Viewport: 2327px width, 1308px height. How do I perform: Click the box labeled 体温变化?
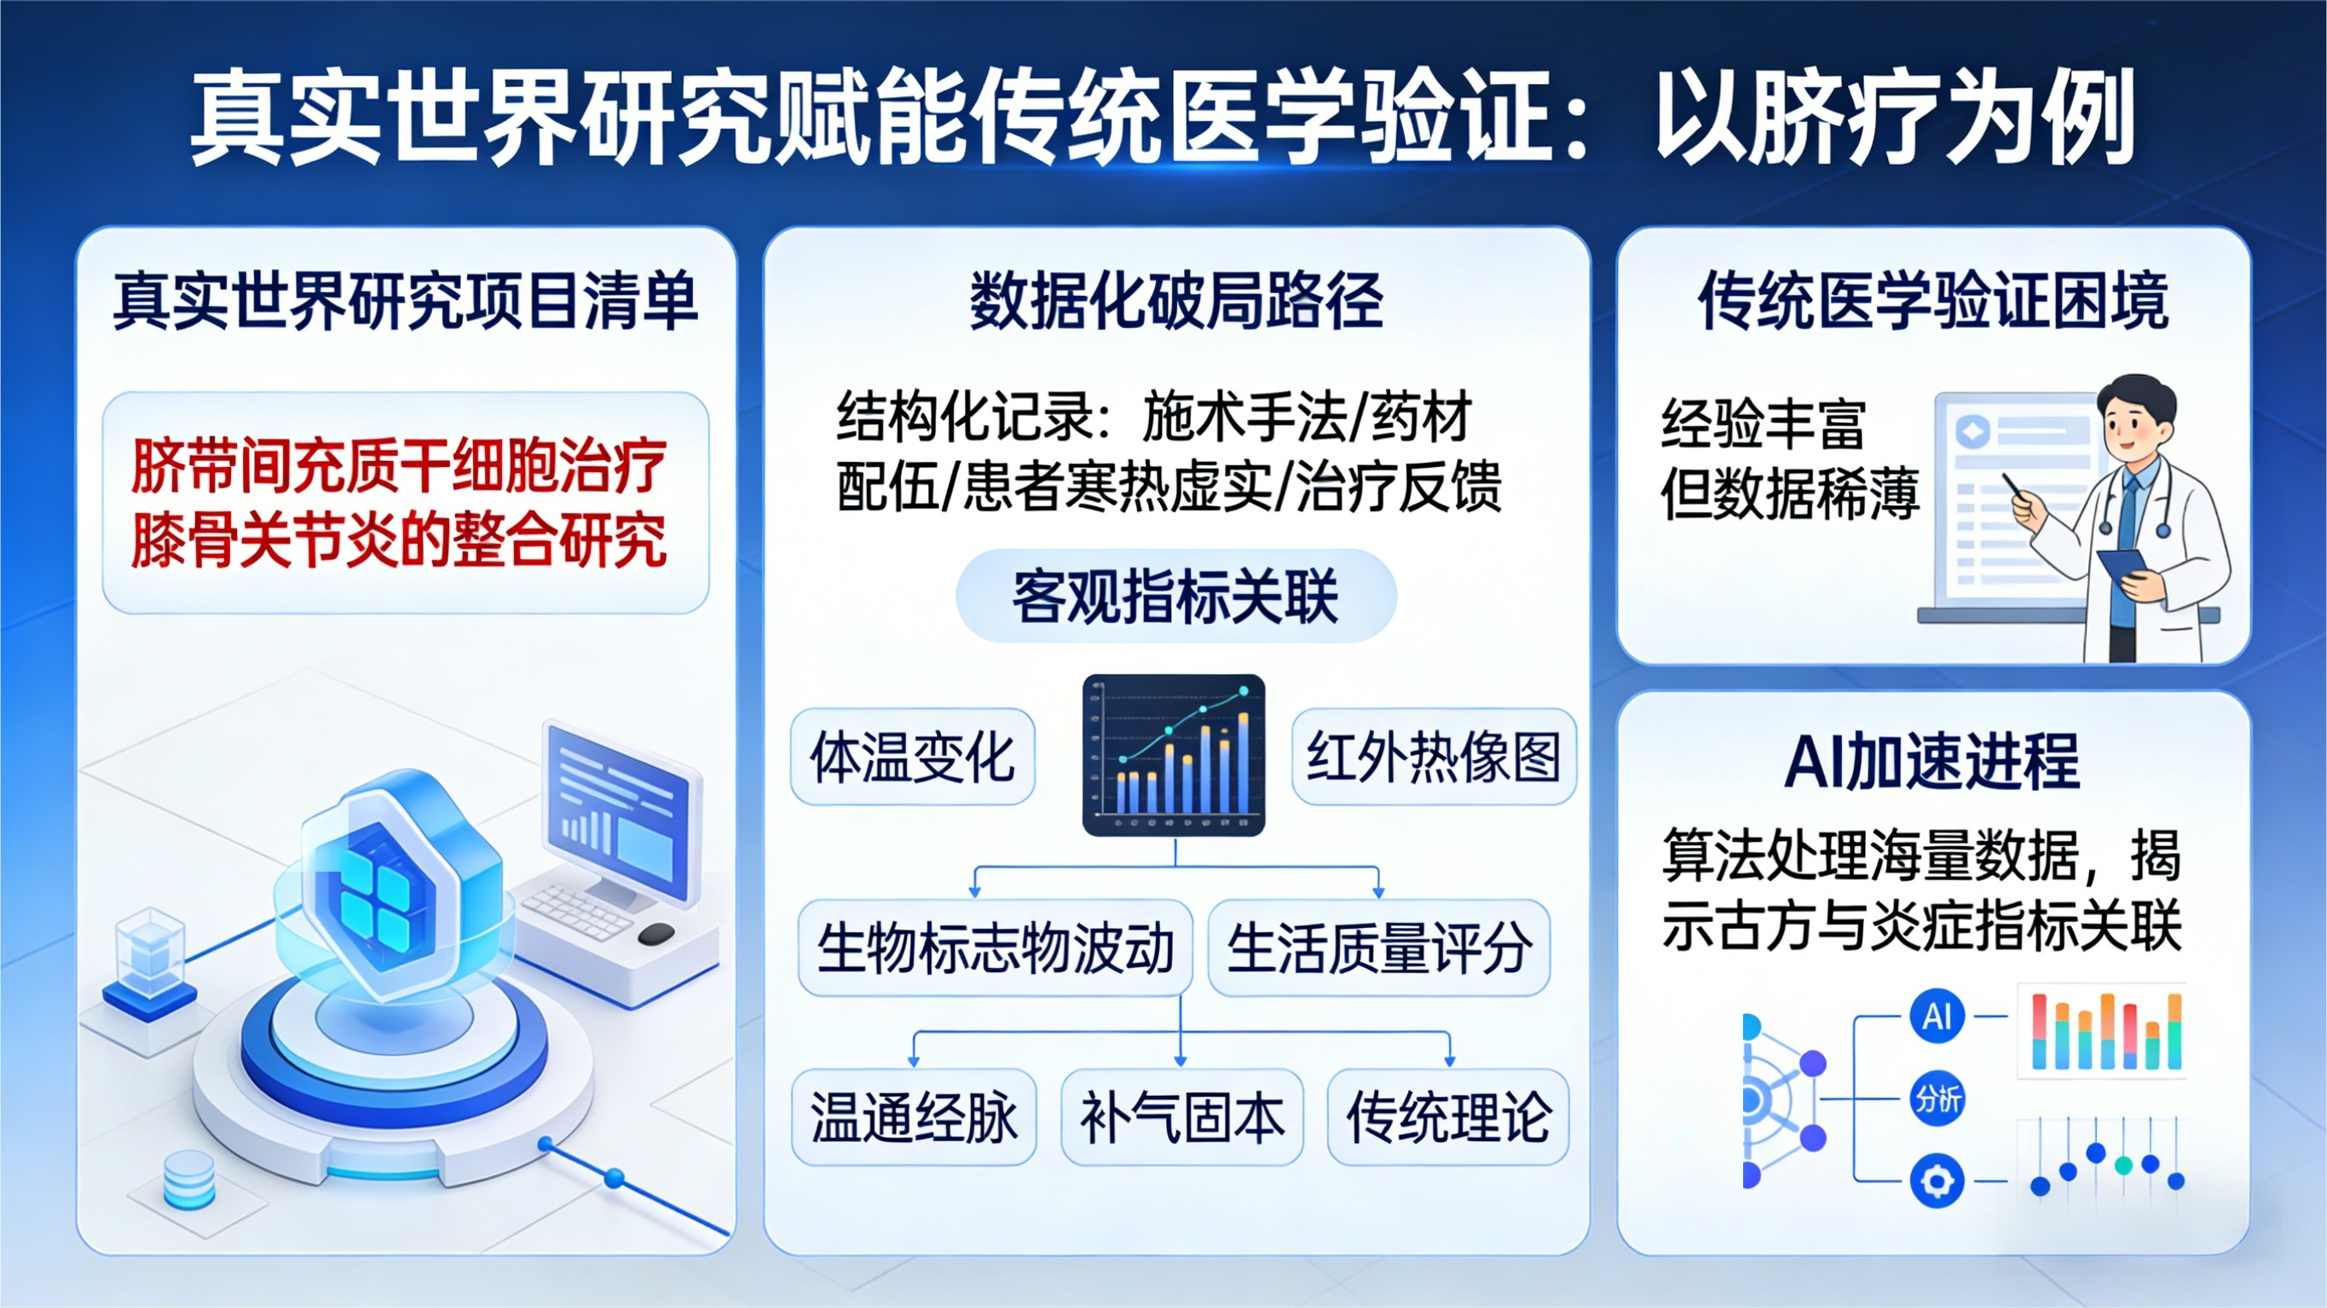[x=912, y=757]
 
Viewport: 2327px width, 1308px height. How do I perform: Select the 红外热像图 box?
[x=1434, y=757]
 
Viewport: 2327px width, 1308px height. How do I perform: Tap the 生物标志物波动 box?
[x=995, y=948]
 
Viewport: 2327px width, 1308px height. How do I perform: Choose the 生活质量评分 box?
[x=1378, y=948]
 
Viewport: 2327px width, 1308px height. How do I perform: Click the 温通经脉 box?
[x=913, y=1117]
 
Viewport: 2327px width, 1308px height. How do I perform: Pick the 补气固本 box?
[x=1181, y=1117]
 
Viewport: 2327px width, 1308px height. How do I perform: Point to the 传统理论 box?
[x=1448, y=1117]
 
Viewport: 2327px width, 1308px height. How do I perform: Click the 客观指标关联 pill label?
[x=1175, y=597]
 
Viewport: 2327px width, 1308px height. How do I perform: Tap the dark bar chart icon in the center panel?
[x=1174, y=754]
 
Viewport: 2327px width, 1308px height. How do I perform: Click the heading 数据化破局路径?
[x=1176, y=301]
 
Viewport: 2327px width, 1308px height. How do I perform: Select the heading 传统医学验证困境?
[x=1933, y=301]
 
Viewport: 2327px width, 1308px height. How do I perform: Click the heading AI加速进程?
[x=1932, y=762]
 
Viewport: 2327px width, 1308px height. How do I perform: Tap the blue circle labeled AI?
[x=1937, y=1017]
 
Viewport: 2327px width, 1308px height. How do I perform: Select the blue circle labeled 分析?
[x=1937, y=1099]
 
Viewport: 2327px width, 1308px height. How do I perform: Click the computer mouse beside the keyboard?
[x=655, y=933]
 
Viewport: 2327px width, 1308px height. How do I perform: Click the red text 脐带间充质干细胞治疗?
[x=399, y=466]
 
